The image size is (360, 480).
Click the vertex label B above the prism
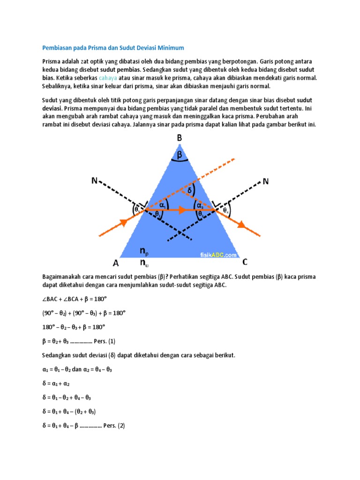coord(180,139)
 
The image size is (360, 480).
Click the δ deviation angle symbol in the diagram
coord(190,191)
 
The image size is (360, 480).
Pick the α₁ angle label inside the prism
coord(163,205)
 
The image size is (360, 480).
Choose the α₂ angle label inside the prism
coord(200,205)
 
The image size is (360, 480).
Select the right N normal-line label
coord(266,181)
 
